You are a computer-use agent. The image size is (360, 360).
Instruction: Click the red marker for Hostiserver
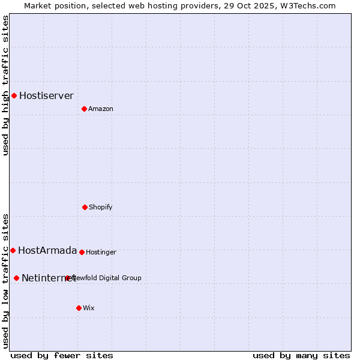(x=14, y=95)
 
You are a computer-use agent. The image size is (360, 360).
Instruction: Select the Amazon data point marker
(x=84, y=109)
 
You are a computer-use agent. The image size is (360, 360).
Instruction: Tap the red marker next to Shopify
(x=85, y=207)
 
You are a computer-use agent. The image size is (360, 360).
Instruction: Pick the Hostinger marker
(x=82, y=252)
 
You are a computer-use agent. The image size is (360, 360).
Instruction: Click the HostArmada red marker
(x=13, y=250)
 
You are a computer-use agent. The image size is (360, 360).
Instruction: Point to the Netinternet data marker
(x=16, y=278)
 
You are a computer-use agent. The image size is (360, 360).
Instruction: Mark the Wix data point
(x=79, y=308)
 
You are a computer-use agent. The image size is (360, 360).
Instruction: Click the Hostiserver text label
(x=46, y=95)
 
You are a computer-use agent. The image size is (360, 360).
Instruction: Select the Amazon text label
(x=101, y=109)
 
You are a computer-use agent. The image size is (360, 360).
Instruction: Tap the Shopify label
(x=101, y=207)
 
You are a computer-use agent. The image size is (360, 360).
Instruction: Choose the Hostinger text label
(x=101, y=252)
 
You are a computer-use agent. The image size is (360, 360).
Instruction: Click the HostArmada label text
(x=47, y=250)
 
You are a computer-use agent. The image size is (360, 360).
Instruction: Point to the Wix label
(x=89, y=308)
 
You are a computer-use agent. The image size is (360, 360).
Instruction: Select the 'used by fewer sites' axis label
(x=62, y=355)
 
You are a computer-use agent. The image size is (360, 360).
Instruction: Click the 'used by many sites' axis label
(x=301, y=355)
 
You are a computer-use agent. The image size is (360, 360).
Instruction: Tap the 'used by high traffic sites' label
(x=5, y=85)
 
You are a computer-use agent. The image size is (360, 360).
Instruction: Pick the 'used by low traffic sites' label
(x=5, y=280)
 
